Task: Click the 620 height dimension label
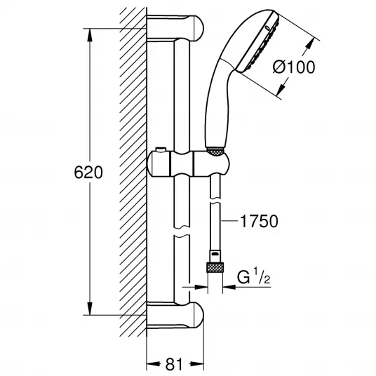pos(88,172)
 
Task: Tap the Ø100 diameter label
pos(293,67)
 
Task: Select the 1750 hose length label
pos(259,221)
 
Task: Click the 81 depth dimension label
pos(173,365)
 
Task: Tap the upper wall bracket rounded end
pos(196,29)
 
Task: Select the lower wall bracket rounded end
pos(196,315)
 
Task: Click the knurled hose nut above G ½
pos(215,267)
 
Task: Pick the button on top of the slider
pos(161,149)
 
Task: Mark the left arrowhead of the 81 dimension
pos(154,365)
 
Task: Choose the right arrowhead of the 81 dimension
pos(196,365)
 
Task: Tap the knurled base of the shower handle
pos(215,152)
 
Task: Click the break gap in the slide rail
pos(182,231)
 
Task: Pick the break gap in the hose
pos(215,201)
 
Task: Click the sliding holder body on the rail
pos(188,164)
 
